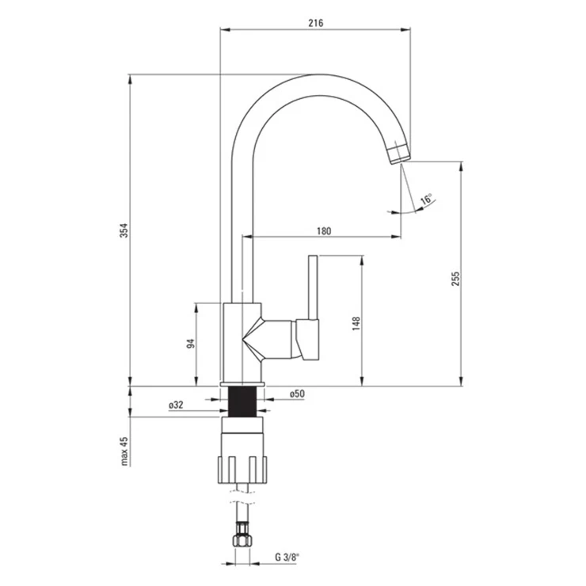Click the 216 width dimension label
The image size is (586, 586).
(316, 23)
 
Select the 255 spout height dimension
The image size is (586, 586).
(455, 279)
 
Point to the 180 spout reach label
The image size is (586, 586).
(324, 231)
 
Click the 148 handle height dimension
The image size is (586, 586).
(356, 324)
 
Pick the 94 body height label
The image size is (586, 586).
(191, 344)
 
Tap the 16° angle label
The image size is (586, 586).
(426, 199)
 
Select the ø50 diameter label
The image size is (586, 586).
(297, 394)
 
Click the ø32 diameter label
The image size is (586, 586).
(176, 405)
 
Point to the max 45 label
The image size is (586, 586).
(124, 451)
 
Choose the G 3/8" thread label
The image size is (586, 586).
(287, 557)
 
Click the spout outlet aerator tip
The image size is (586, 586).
(400, 154)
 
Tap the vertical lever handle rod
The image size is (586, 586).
(313, 287)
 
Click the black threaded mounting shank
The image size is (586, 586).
(242, 401)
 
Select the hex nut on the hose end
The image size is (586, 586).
(242, 540)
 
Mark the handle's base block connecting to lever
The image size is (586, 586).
(307, 340)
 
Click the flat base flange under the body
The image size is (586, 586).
(242, 384)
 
